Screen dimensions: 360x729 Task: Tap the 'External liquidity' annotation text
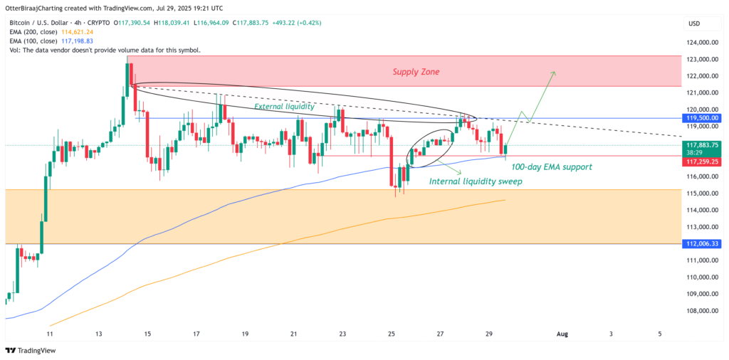(x=285, y=106)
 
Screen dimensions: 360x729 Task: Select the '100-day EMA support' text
(x=552, y=166)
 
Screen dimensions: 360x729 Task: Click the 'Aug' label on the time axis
(x=562, y=333)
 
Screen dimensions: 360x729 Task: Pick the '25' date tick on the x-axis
(x=392, y=333)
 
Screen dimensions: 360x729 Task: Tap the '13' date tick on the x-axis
(x=99, y=333)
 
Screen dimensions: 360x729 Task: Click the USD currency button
(x=693, y=23)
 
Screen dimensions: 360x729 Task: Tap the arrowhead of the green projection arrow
(x=554, y=73)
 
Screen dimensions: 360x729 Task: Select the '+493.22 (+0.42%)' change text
(x=291, y=23)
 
